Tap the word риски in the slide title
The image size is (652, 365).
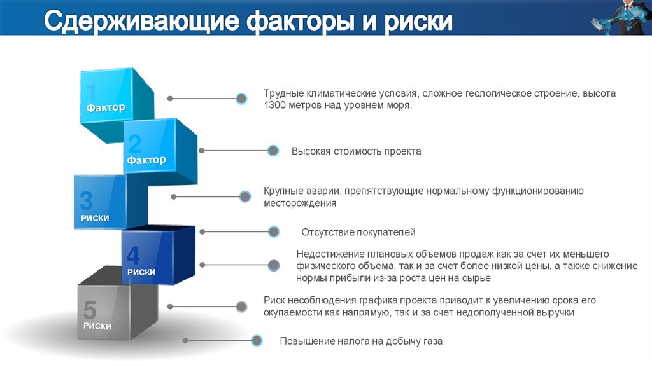(418, 22)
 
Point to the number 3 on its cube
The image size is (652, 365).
(86, 202)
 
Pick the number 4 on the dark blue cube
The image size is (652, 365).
(132, 256)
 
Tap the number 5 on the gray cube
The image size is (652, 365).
(90, 311)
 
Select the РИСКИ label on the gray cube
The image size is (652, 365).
(97, 326)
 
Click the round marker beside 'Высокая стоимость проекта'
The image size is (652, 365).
(273, 151)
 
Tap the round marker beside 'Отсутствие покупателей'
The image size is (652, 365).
(274, 232)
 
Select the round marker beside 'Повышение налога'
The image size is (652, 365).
(257, 340)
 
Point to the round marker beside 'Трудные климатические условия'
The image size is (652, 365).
(241, 99)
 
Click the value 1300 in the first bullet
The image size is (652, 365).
(275, 106)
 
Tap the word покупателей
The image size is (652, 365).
(385, 233)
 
